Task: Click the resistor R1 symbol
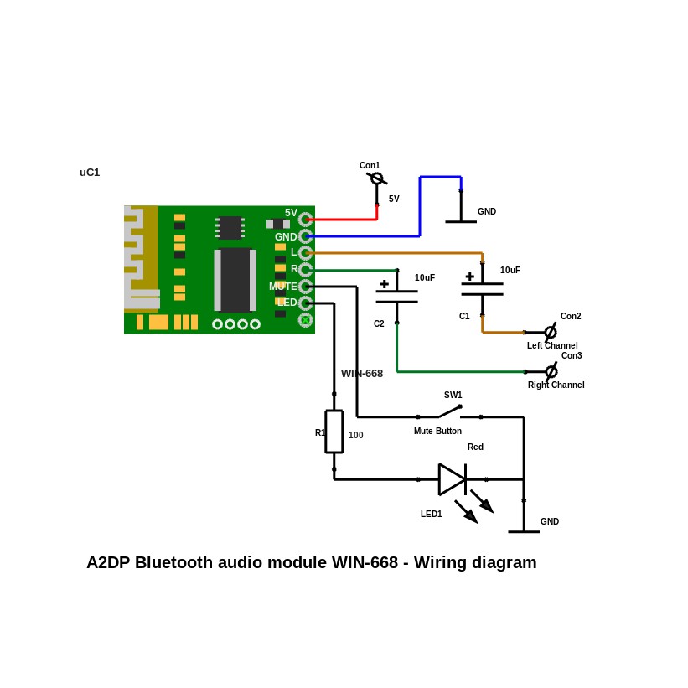(334, 432)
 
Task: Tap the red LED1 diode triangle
(452, 479)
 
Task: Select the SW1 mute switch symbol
(449, 411)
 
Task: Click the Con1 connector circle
(377, 178)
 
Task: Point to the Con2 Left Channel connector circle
(551, 332)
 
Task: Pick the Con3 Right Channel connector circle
(551, 371)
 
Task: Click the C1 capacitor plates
(482, 289)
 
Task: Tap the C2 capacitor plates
(396, 297)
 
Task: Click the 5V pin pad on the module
(305, 220)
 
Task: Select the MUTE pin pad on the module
(305, 287)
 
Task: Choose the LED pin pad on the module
(305, 303)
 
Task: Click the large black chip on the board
(235, 279)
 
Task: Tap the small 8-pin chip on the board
(230, 227)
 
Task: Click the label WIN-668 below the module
(362, 374)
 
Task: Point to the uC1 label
(90, 173)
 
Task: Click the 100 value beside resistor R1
(356, 436)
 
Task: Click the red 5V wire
(344, 220)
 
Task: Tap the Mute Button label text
(437, 432)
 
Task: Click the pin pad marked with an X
(305, 320)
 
